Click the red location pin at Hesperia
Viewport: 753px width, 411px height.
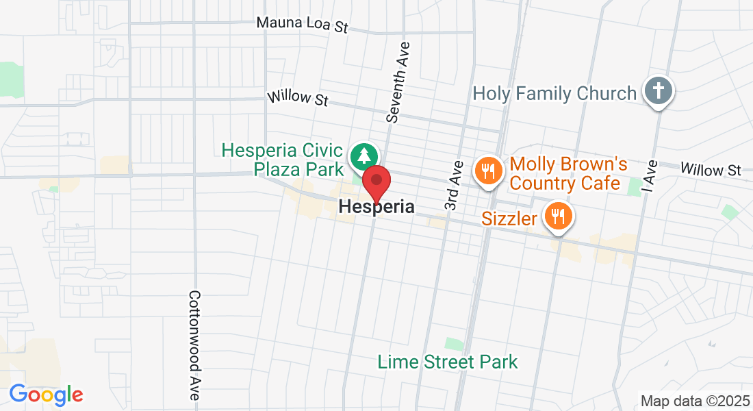376,182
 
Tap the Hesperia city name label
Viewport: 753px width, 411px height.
376,206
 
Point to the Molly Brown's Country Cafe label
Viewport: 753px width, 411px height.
568,174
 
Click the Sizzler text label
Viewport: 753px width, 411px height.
509,219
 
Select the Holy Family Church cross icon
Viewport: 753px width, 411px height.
659,91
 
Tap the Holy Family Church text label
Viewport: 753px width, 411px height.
554,93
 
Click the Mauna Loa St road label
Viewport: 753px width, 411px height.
303,24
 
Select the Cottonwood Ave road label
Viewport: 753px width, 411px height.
194,345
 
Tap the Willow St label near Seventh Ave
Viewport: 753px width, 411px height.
298,99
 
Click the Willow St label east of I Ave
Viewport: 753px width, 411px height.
711,169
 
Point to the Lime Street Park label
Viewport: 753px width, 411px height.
448,361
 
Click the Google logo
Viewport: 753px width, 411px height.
46,395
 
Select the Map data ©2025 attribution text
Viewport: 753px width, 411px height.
694,401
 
